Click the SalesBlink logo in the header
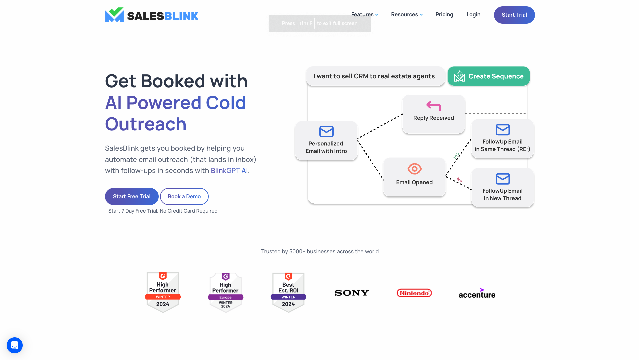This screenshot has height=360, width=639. pyautogui.click(x=152, y=15)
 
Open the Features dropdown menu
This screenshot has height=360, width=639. pyautogui.click(x=364, y=15)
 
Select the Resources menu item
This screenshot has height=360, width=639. pyautogui.click(x=407, y=15)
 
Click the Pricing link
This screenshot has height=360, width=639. pyautogui.click(x=444, y=15)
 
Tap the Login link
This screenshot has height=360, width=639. pyautogui.click(x=473, y=15)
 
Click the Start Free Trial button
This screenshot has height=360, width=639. pyautogui.click(x=132, y=197)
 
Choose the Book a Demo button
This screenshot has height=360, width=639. pyautogui.click(x=184, y=197)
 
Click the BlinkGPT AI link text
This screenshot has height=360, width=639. pyautogui.click(x=229, y=171)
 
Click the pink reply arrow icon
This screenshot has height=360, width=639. pyautogui.click(x=433, y=106)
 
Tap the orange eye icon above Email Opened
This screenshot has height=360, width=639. pyautogui.click(x=414, y=169)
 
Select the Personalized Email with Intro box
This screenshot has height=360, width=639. pyautogui.click(x=326, y=141)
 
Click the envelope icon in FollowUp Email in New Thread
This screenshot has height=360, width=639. pyautogui.click(x=502, y=179)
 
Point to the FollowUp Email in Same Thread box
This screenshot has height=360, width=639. pyautogui.click(x=502, y=139)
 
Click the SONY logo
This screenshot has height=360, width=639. pyautogui.click(x=352, y=293)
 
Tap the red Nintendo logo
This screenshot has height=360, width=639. pyautogui.click(x=414, y=293)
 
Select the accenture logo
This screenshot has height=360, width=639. pyautogui.click(x=477, y=293)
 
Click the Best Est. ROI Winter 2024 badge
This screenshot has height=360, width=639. pyautogui.click(x=288, y=292)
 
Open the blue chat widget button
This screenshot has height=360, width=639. pyautogui.click(x=15, y=345)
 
